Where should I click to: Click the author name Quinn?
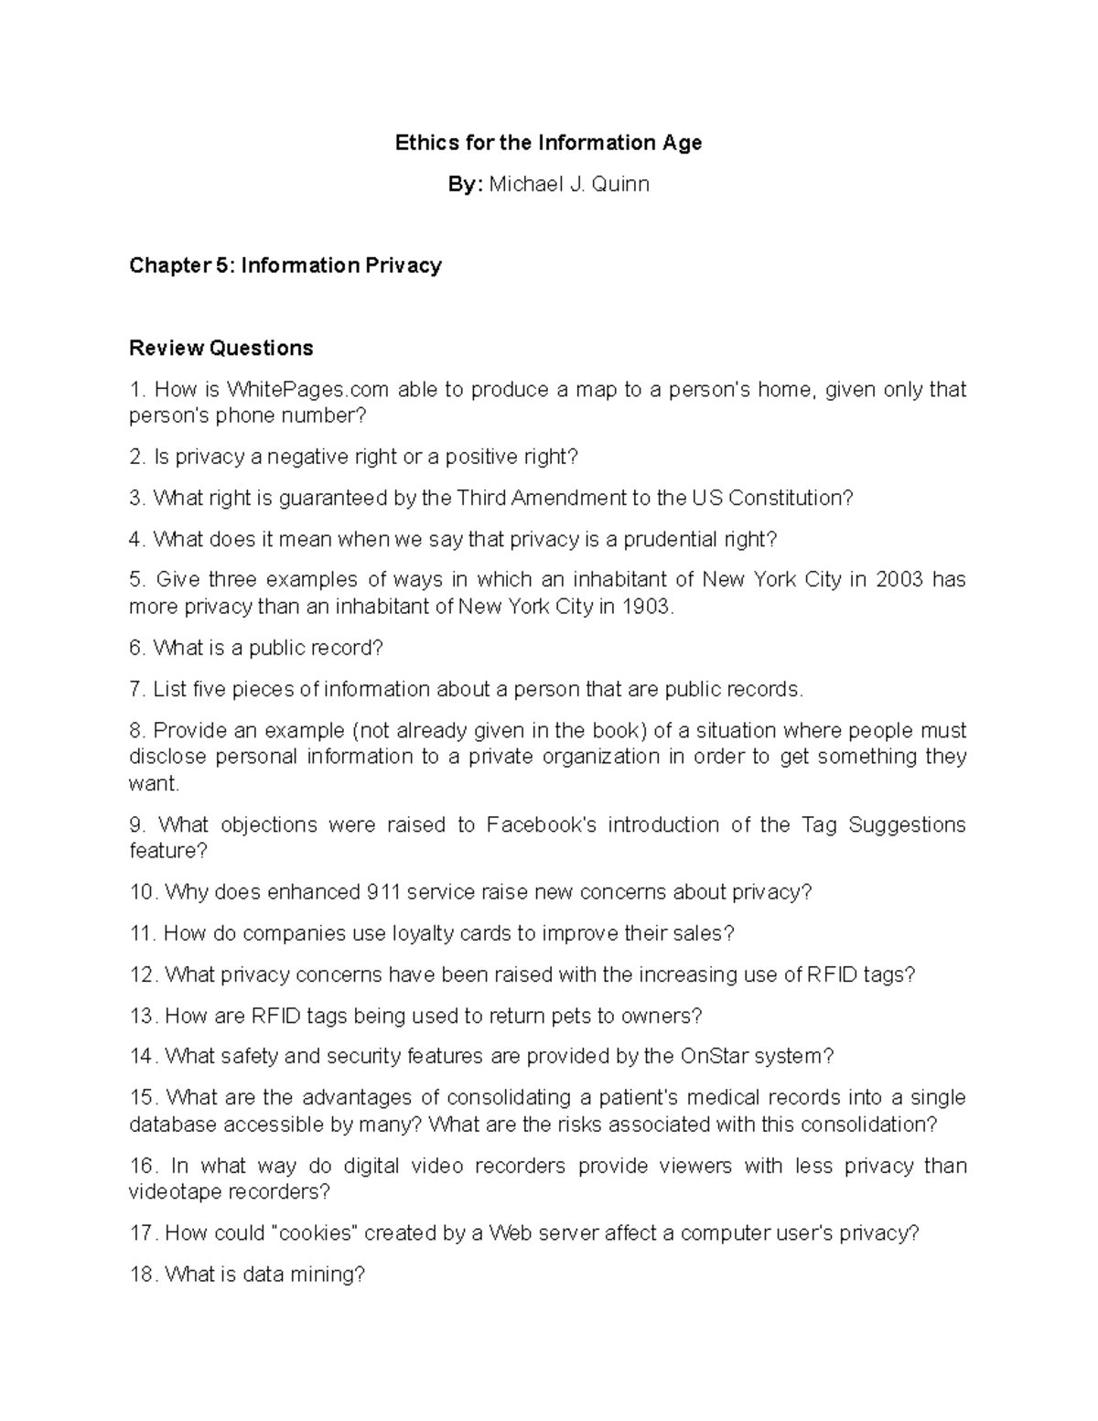point(620,185)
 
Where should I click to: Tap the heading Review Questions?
point(221,348)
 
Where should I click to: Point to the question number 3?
point(137,499)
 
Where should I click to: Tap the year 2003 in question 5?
point(899,580)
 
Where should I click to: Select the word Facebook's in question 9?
point(541,825)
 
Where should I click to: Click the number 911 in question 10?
point(382,892)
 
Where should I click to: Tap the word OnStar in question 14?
point(711,1057)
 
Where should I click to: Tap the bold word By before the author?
point(463,185)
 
